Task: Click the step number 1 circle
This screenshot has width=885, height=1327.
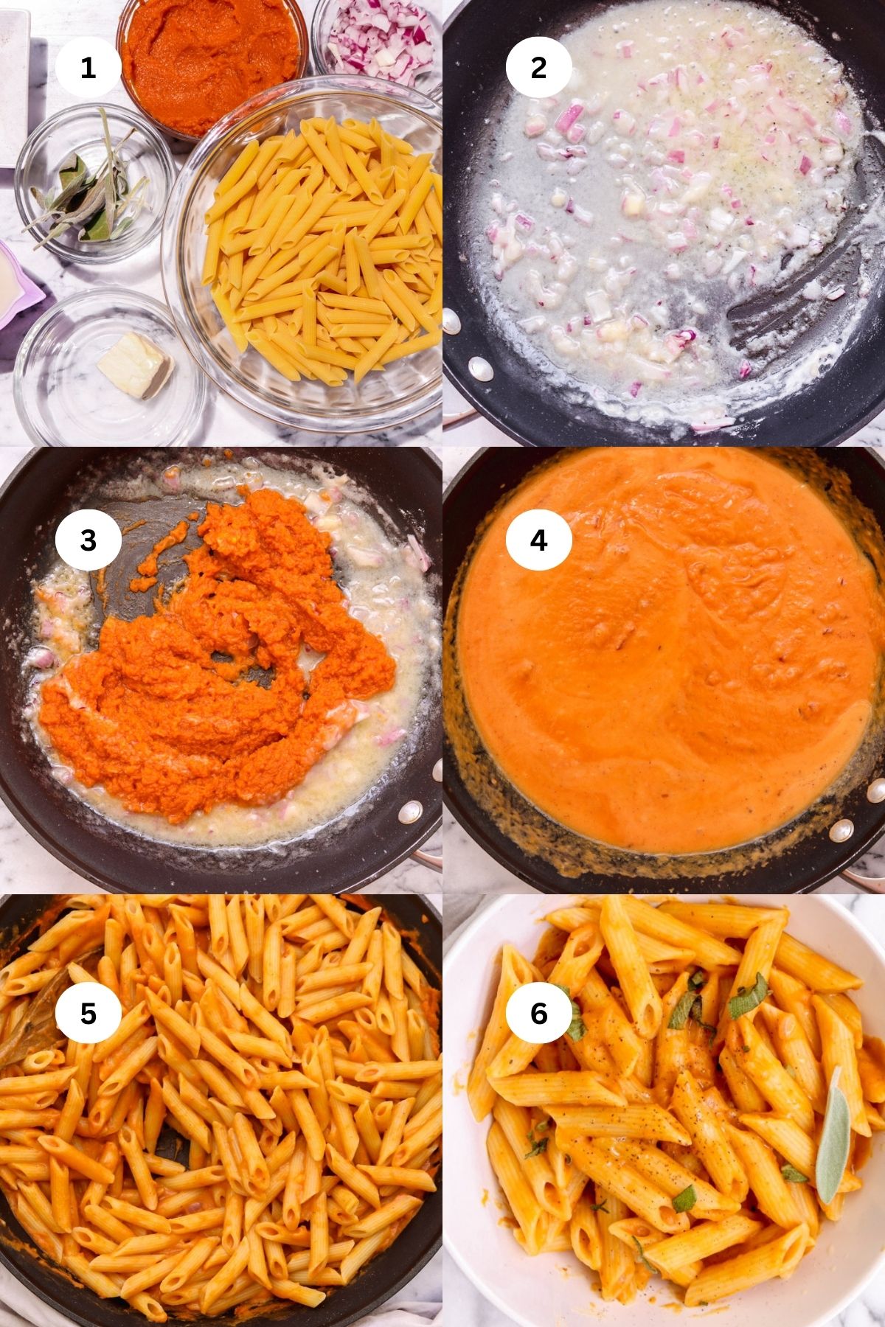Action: pos(88,68)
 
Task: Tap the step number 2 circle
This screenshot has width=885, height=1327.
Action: pos(538,68)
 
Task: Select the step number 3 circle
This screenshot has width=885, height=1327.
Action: pos(88,540)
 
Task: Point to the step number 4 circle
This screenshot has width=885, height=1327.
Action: pos(538,540)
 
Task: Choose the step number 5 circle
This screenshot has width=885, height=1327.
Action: pos(88,1014)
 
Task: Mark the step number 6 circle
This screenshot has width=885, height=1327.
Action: pos(538,1014)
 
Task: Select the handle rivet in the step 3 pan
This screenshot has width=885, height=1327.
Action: pos(409,812)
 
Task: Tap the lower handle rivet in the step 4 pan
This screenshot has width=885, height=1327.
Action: pos(839,832)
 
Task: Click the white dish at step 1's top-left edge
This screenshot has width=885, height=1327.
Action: pos(13,81)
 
